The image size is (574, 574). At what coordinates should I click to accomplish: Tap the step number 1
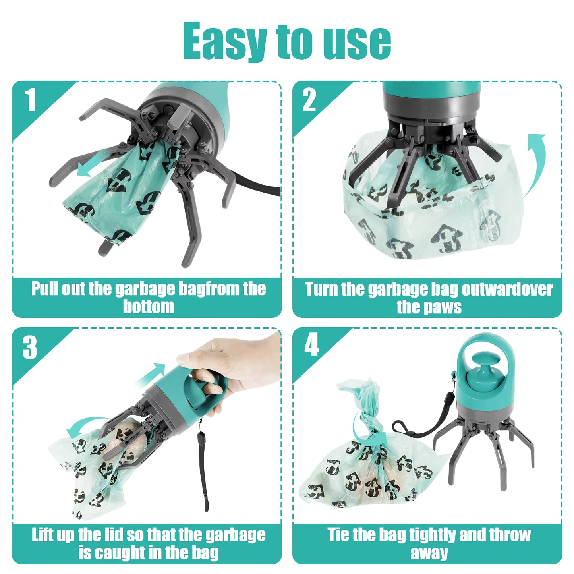(x=30, y=100)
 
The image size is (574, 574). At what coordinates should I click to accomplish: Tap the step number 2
(x=309, y=100)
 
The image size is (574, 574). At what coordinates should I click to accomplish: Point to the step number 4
(x=311, y=345)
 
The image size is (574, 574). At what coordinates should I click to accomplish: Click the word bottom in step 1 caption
(x=148, y=307)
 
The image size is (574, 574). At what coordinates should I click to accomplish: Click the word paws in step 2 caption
(x=445, y=307)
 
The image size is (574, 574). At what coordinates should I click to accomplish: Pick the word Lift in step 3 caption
(x=42, y=535)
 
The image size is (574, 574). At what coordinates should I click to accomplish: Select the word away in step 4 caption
(x=429, y=553)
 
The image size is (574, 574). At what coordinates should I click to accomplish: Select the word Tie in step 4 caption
(x=338, y=535)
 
